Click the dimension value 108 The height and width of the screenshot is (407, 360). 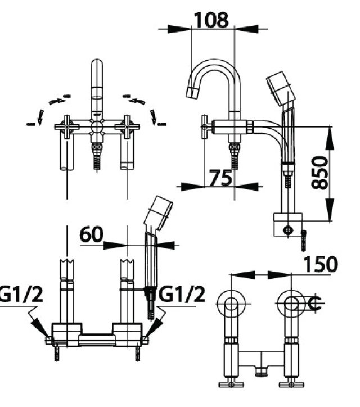coord(211,20)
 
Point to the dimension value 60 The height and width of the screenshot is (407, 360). coord(92,234)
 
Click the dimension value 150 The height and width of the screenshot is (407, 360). coord(321,264)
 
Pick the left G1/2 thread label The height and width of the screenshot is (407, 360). coord(20,294)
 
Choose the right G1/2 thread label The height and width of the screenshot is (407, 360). coord(182,294)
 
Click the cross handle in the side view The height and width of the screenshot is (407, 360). coord(205,127)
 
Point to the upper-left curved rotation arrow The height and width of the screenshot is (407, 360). coord(56,100)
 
